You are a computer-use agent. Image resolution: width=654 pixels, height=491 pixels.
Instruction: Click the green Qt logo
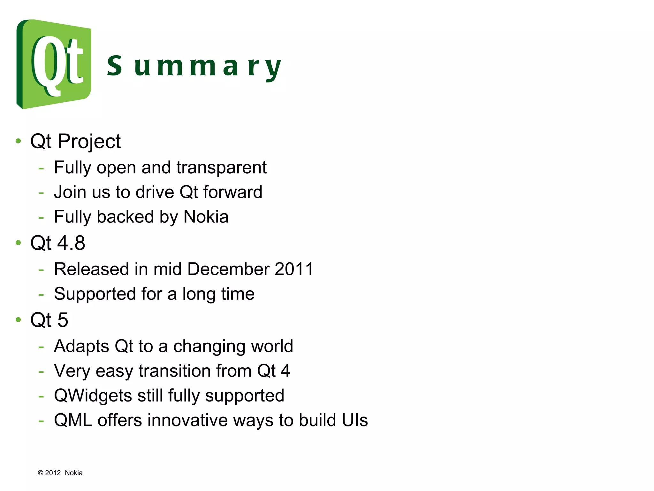[54, 64]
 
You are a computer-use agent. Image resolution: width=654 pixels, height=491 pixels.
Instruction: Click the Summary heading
[194, 66]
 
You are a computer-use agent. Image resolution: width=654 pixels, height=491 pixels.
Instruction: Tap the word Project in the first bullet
[89, 141]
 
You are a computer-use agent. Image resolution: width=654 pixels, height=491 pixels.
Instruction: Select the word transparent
[221, 168]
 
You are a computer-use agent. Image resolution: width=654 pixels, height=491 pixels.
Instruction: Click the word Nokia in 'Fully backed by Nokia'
[206, 217]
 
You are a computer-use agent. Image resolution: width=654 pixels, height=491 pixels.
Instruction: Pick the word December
[228, 269]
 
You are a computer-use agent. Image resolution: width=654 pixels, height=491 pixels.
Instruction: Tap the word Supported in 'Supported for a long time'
[95, 294]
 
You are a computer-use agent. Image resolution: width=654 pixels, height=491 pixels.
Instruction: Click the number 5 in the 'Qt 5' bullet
[63, 320]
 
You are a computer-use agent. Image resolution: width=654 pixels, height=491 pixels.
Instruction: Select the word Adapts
[81, 347]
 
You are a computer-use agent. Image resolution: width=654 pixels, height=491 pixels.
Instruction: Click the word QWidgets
[93, 396]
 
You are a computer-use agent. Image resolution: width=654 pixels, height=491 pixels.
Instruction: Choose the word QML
[73, 420]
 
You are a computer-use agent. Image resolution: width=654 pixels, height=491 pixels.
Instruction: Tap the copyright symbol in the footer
[41, 473]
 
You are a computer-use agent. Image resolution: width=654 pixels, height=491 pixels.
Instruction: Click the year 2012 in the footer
[53, 473]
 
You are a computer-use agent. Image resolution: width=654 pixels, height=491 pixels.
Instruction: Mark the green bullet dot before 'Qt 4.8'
[18, 243]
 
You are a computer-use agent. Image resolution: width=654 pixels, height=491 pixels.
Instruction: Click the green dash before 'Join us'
[41, 193]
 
